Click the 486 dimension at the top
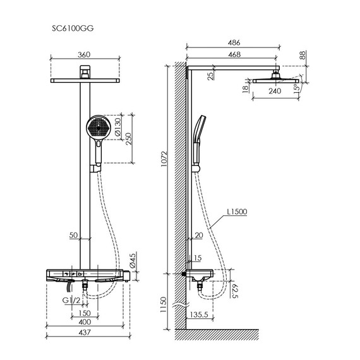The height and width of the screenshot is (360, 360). click(x=234, y=42)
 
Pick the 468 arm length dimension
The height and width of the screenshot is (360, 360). click(x=234, y=56)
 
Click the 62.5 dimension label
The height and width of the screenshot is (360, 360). click(x=235, y=292)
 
